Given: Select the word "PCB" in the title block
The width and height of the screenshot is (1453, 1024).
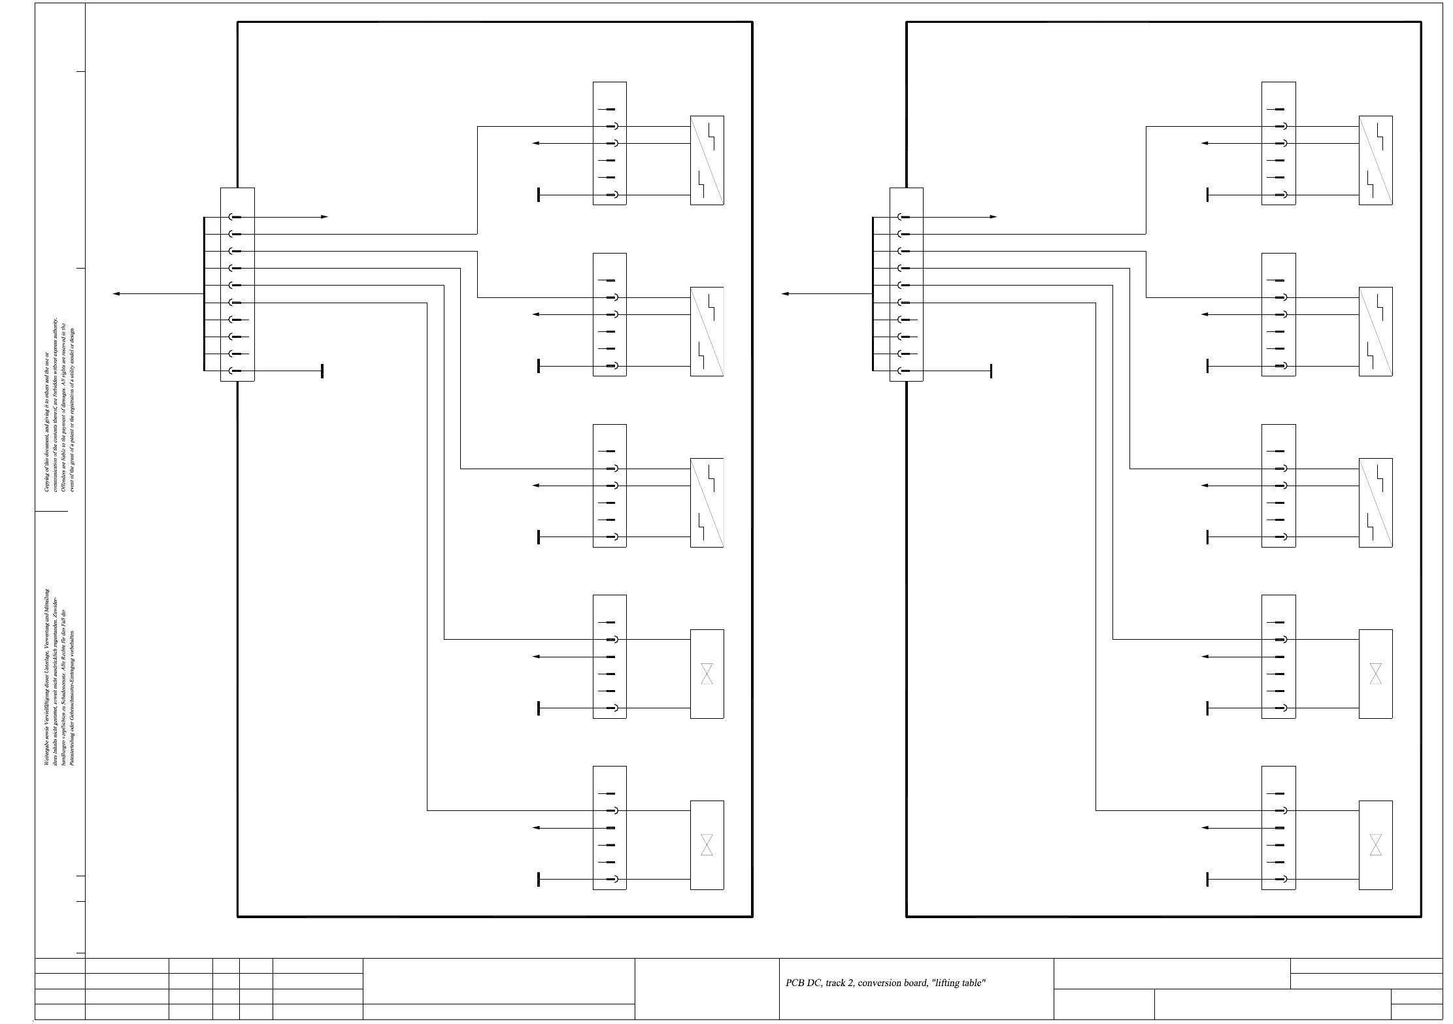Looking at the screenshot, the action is pyautogui.click(x=794, y=983).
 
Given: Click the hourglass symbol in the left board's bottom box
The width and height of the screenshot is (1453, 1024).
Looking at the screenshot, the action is pyautogui.click(x=707, y=844).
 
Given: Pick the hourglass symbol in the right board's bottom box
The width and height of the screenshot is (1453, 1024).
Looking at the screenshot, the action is pyautogui.click(x=1375, y=844).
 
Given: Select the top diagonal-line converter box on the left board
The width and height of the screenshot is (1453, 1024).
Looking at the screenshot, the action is pyautogui.click(x=707, y=160).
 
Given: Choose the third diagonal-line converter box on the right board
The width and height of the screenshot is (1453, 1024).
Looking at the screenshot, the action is pyautogui.click(x=1375, y=503).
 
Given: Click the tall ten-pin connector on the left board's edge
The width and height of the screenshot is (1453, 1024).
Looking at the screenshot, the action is pyautogui.click(x=237, y=284).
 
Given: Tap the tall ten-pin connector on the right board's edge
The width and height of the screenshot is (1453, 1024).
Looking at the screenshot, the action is pyautogui.click(x=906, y=284).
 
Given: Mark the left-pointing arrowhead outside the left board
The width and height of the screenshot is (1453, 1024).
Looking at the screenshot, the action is pyautogui.click(x=116, y=294).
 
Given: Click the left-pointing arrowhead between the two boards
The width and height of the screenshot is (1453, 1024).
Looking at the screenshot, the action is pyautogui.click(x=785, y=294).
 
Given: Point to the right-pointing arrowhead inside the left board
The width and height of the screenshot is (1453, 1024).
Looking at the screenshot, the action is pyautogui.click(x=324, y=217).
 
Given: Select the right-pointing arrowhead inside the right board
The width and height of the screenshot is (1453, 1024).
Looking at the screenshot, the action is pyautogui.click(x=993, y=217).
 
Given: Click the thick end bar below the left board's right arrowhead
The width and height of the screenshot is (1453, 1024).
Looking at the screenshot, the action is pyautogui.click(x=322, y=371).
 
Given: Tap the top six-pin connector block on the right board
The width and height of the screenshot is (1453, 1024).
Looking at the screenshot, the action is pyautogui.click(x=1278, y=143).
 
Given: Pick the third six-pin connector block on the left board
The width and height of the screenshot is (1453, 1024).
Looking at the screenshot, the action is pyautogui.click(x=609, y=486).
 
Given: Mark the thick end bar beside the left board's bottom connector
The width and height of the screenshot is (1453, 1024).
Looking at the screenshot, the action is pyautogui.click(x=539, y=880).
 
